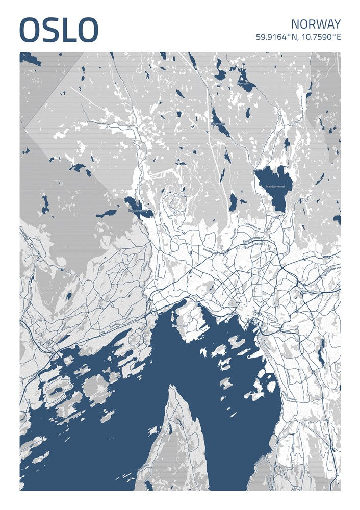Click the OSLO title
[x=59, y=30]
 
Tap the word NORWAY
[x=316, y=24]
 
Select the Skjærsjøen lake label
[x=218, y=123]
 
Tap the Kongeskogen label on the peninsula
[x=181, y=325]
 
